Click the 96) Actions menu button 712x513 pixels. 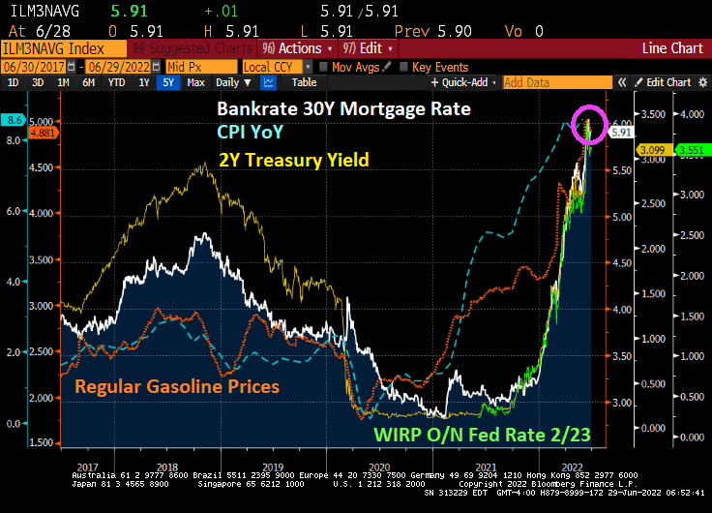[295, 47]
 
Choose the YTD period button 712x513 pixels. [116, 83]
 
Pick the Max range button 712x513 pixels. [195, 83]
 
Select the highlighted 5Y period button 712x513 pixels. [169, 83]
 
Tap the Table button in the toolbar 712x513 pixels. [304, 83]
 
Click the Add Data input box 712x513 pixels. [561, 83]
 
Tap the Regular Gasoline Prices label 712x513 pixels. [177, 387]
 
